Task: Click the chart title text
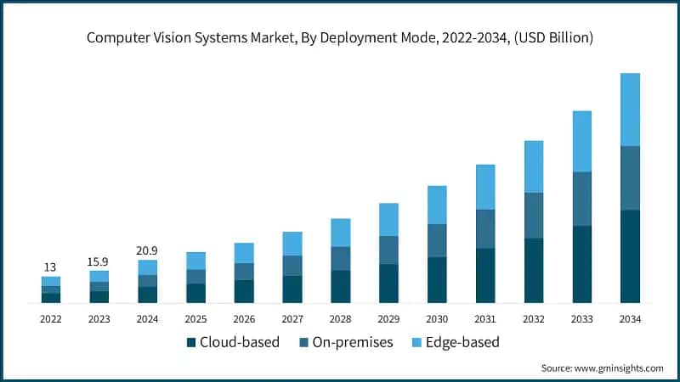pyautogui.click(x=340, y=38)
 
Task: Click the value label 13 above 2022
pyautogui.click(x=51, y=267)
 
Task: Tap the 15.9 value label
pyautogui.click(x=99, y=261)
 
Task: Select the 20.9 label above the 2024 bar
pyautogui.click(x=147, y=250)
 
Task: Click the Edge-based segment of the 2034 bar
pyautogui.click(x=630, y=110)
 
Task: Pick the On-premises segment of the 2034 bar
pyautogui.click(x=630, y=178)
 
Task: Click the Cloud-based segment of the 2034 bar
pyautogui.click(x=630, y=256)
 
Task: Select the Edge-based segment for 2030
pyautogui.click(x=437, y=205)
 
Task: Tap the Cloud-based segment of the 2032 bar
pyautogui.click(x=534, y=271)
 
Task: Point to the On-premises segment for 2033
pyautogui.click(x=582, y=199)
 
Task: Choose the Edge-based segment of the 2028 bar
pyautogui.click(x=341, y=233)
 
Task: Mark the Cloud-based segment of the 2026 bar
pyautogui.click(x=244, y=291)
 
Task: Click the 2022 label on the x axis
pyautogui.click(x=51, y=319)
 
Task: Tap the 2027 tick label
pyautogui.click(x=292, y=319)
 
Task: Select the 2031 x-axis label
pyautogui.click(x=485, y=319)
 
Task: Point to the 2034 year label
pyautogui.click(x=630, y=319)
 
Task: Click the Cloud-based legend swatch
pyautogui.click(x=191, y=343)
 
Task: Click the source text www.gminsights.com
pyautogui.click(x=602, y=368)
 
